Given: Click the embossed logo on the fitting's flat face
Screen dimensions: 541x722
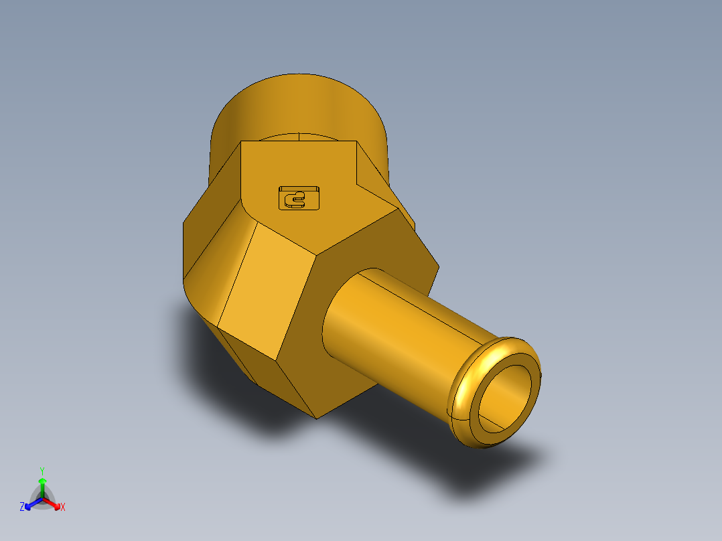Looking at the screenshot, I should [299, 198].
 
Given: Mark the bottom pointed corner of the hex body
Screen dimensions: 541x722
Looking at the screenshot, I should [317, 417].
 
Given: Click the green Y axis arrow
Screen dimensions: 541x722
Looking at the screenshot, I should [42, 483].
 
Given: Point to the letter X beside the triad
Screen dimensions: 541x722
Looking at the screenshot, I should [63, 508].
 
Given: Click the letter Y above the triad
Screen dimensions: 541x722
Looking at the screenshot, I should [42, 470].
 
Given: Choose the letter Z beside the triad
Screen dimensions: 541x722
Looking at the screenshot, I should [22, 508].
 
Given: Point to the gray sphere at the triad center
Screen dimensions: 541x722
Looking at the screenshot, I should [42, 499].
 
